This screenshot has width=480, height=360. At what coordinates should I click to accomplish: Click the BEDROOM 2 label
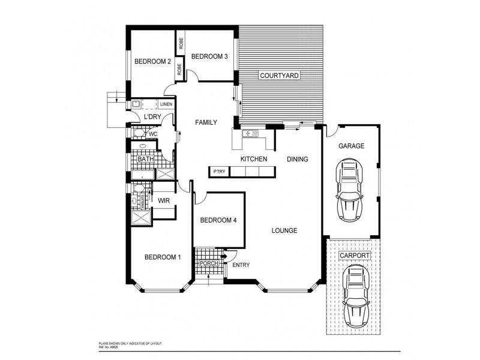click(x=153, y=61)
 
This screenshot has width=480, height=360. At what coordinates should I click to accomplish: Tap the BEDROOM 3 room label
click(x=209, y=57)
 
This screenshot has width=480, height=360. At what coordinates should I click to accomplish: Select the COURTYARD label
click(x=279, y=76)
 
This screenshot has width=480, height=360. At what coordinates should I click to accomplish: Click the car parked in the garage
click(x=350, y=189)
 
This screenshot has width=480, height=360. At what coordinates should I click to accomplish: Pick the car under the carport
click(x=354, y=293)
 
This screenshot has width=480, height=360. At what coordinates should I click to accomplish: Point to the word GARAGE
click(x=351, y=146)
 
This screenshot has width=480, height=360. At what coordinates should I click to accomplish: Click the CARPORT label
click(x=355, y=255)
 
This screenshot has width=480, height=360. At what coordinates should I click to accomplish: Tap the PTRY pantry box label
click(x=218, y=172)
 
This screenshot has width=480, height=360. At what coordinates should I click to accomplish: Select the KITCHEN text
click(x=253, y=159)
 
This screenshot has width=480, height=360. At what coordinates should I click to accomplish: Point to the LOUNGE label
click(x=284, y=230)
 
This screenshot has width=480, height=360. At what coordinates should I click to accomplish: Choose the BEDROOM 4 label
click(x=218, y=220)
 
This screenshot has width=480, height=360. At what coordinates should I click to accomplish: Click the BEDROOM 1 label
click(x=163, y=257)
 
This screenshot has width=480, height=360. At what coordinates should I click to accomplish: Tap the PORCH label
click(x=208, y=263)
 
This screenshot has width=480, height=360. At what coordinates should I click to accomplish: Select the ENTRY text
click(x=241, y=265)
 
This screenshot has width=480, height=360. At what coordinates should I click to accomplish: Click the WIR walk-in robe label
click(x=164, y=200)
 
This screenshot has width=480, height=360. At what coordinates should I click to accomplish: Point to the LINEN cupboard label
click(x=166, y=104)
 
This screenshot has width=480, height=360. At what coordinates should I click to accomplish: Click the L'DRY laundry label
click(x=153, y=117)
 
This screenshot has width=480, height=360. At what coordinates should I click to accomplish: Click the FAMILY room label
click(x=206, y=122)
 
